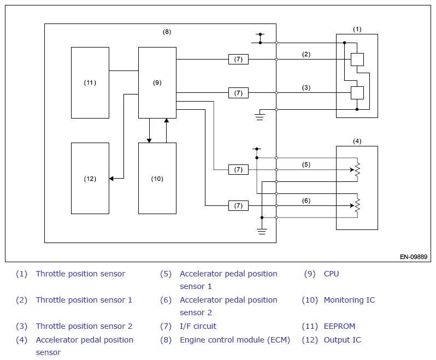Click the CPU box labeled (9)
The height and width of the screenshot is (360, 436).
tap(157, 82)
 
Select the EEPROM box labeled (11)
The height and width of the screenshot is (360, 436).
tap(90, 82)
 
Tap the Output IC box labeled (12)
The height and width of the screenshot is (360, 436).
tap(90, 179)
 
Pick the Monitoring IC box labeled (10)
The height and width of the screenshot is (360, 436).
tap(157, 179)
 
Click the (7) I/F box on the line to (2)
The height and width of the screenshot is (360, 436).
tap(238, 59)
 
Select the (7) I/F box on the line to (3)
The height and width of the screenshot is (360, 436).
tap(238, 93)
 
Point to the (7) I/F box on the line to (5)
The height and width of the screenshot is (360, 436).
tap(238, 169)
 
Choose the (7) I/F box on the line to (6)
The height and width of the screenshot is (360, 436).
tap(238, 205)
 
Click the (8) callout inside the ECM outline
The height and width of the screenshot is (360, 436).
tap(167, 32)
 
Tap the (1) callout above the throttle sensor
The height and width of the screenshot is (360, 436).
tap(357, 29)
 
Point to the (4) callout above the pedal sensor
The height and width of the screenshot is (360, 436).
tap(357, 141)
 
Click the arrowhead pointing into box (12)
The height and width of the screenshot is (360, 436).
tap(111, 179)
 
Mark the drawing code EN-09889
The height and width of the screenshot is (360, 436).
tap(414, 257)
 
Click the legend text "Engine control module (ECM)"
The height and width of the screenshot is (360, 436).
tap(235, 340)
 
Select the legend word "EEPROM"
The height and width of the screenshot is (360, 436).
tap(339, 326)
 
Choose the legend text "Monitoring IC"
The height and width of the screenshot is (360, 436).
tap(349, 300)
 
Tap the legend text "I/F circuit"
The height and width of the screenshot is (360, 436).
tap(198, 326)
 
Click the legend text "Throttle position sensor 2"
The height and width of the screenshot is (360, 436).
tap(84, 326)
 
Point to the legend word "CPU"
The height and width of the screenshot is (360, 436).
tap(331, 274)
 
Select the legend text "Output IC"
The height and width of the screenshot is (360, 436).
tap(343, 340)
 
